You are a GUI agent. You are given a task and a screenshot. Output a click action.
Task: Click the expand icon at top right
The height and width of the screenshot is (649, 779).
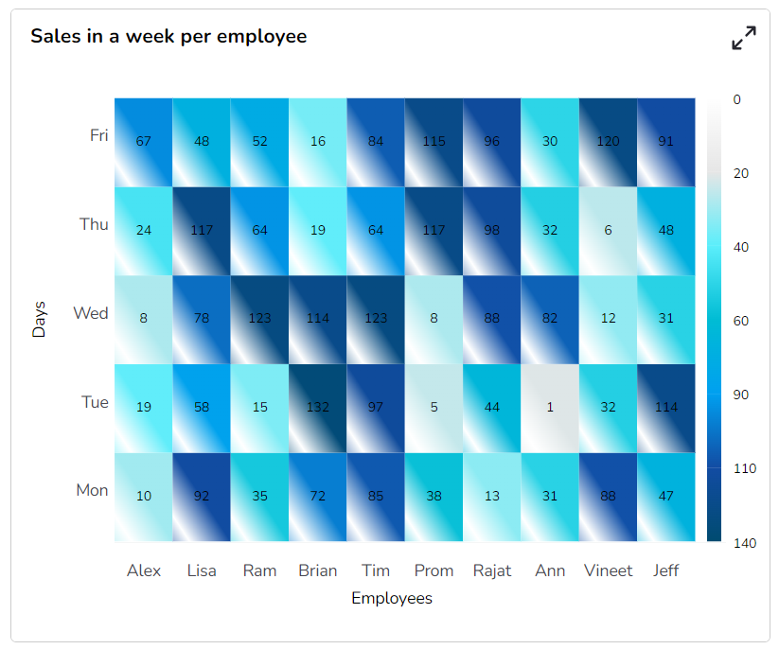[744, 39]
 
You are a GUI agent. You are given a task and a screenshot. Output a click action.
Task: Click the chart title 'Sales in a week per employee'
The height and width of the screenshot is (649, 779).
[168, 37]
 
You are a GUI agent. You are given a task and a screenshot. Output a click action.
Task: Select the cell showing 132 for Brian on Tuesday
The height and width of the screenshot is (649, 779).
[318, 408]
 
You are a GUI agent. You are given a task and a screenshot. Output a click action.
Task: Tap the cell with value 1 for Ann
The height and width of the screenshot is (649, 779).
[550, 408]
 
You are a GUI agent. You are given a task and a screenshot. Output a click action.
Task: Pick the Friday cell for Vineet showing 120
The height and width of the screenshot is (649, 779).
[608, 142]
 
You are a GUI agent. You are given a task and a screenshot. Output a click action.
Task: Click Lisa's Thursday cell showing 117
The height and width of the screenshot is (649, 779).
[202, 231]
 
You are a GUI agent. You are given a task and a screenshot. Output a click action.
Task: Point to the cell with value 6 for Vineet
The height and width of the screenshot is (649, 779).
[608, 231]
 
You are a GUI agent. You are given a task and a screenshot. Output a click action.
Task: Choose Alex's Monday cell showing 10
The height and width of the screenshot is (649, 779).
[144, 497]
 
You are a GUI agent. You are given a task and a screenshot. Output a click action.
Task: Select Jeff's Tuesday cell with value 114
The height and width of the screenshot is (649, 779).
[666, 408]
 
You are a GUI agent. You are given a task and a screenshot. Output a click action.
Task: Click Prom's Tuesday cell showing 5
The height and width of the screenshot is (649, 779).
[434, 408]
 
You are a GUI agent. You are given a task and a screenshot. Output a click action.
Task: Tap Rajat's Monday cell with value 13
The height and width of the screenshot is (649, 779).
[492, 497]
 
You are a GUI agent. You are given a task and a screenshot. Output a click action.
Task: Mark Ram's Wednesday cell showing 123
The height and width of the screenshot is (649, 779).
[259, 319]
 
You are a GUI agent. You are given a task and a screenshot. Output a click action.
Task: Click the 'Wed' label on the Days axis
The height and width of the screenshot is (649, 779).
[91, 313]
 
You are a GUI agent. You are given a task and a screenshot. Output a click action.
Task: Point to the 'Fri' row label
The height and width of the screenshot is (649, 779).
[98, 135]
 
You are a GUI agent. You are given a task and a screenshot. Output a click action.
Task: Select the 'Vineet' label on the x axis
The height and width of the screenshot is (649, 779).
[608, 570]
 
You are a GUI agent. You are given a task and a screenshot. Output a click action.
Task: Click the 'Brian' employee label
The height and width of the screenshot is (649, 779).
[317, 570]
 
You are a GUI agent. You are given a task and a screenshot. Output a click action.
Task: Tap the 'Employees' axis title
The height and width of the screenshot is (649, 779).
[392, 599]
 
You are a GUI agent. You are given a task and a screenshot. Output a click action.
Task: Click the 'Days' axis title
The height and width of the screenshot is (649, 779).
[40, 320]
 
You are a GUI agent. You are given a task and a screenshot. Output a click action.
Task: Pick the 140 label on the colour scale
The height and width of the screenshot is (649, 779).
[744, 543]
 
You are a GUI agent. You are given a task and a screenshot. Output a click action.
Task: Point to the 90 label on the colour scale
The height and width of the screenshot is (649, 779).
[740, 395]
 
